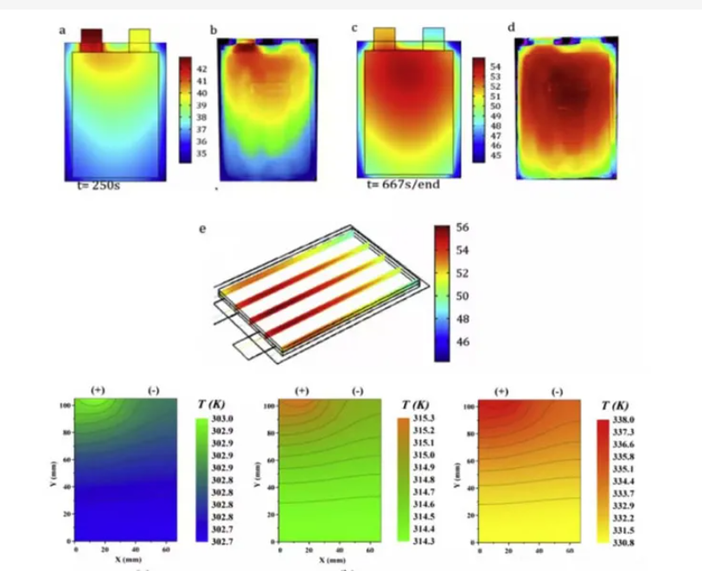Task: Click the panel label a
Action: (x=62, y=30)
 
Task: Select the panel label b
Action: (x=214, y=30)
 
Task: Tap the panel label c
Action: (x=354, y=29)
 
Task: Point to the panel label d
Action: (x=512, y=28)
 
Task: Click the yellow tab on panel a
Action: (x=139, y=39)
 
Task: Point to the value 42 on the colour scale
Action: (x=201, y=67)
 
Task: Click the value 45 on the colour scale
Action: (x=495, y=156)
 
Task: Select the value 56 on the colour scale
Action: (x=462, y=228)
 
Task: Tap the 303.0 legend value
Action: (x=224, y=418)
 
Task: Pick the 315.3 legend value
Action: (x=424, y=418)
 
